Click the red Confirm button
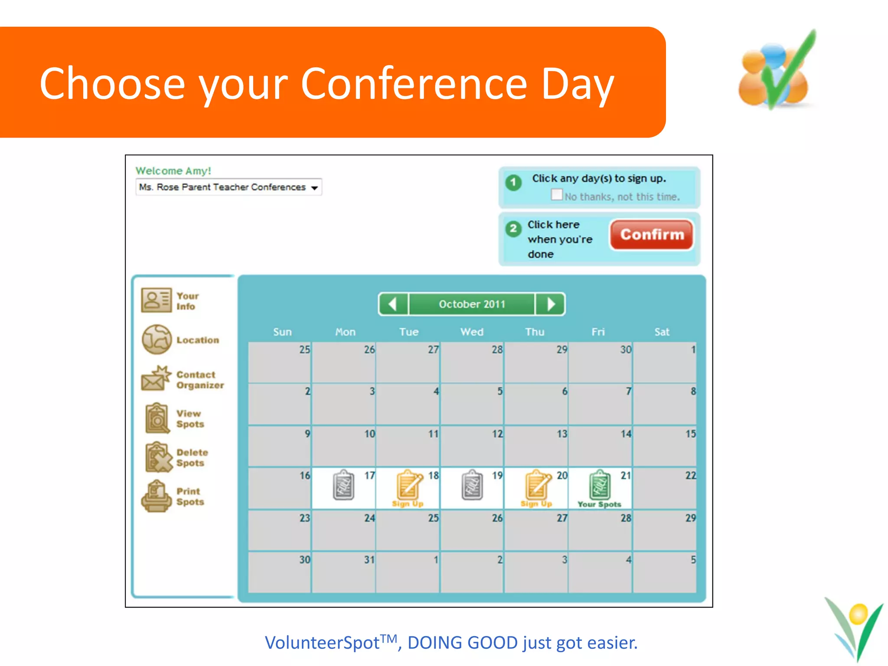point(651,235)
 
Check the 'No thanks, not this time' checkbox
point(557,195)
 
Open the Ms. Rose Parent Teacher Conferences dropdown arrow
point(314,188)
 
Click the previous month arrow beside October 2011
point(393,304)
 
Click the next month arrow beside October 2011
point(551,304)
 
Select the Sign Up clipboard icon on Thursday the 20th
point(537,486)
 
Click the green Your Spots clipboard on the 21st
point(600,486)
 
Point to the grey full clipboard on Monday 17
point(343,485)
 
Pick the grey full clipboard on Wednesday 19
point(472,485)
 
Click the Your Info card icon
point(156,300)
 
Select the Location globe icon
point(157,340)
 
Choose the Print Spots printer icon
point(156,496)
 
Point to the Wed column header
point(472,332)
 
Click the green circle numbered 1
point(513,182)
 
